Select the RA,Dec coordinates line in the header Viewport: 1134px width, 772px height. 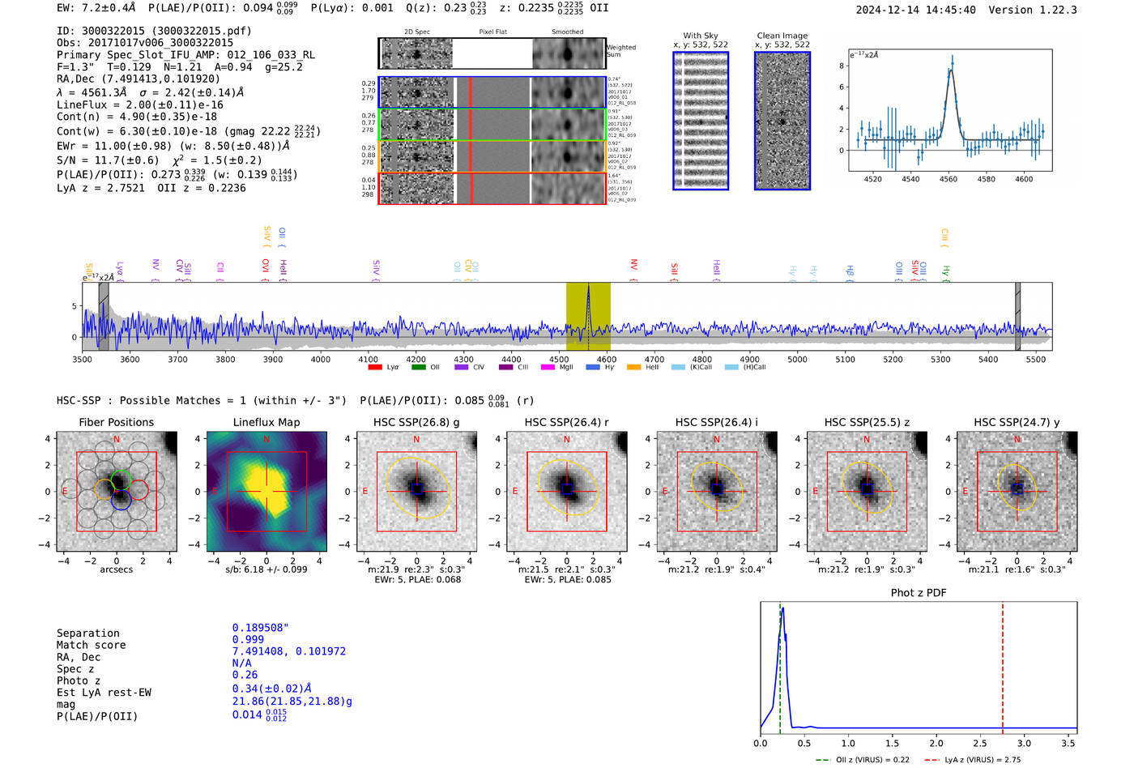point(138,79)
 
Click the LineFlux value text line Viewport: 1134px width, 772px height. point(139,104)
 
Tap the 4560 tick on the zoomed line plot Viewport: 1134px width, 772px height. point(948,178)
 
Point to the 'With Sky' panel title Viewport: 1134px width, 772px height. point(701,36)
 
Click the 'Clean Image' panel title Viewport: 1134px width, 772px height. point(782,36)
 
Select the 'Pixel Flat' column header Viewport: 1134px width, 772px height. point(492,32)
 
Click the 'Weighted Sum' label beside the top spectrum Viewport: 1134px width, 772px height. point(621,50)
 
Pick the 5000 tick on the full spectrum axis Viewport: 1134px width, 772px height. point(797,359)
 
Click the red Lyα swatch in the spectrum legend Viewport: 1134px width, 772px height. point(375,367)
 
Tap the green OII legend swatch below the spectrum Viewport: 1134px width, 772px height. point(418,367)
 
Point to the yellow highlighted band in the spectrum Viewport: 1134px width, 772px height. point(588,316)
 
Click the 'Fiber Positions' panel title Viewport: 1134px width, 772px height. point(116,422)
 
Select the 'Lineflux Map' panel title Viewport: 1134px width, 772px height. point(266,422)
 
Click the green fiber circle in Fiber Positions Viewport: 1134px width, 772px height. point(121,478)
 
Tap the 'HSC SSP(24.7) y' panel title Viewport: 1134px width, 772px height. point(1017,422)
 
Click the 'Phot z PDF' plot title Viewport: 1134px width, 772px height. point(918,592)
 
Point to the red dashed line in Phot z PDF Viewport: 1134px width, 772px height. point(1002,664)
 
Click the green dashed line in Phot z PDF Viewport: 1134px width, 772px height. point(779,664)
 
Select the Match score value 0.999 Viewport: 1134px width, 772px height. point(248,639)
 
